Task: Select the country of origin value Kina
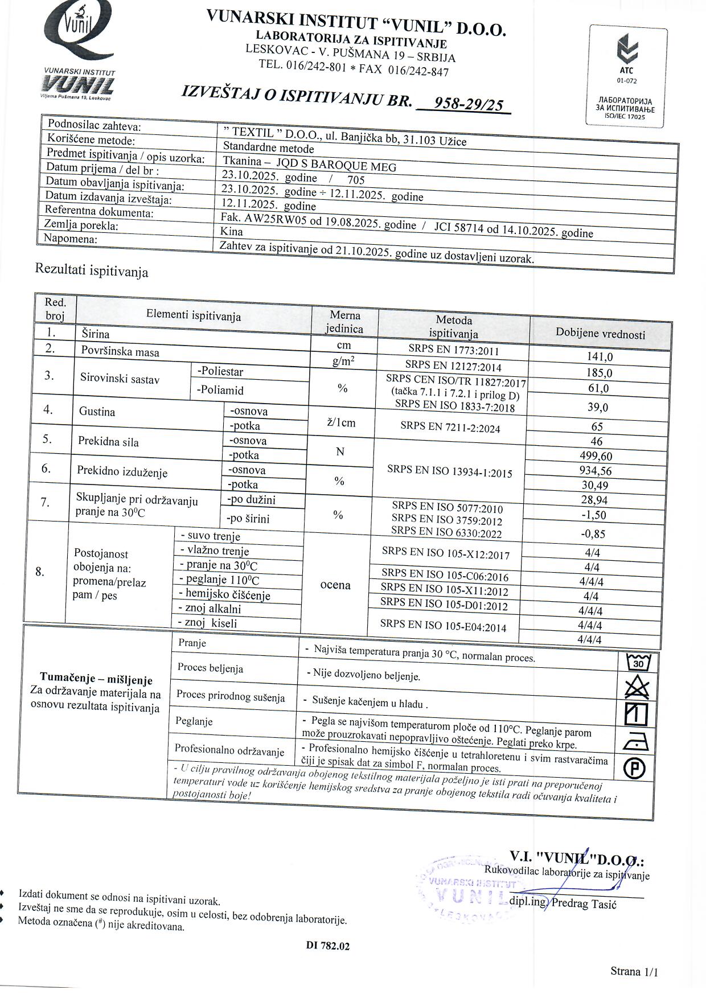point(232,231)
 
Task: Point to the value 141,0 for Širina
point(600,357)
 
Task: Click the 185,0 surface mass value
point(599,373)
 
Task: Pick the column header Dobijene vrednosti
point(600,334)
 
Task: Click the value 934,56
point(596,471)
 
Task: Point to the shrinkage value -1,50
point(594,515)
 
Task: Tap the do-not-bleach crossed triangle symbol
point(637,688)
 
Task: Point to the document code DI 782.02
point(328,946)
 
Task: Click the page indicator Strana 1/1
point(634,971)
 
